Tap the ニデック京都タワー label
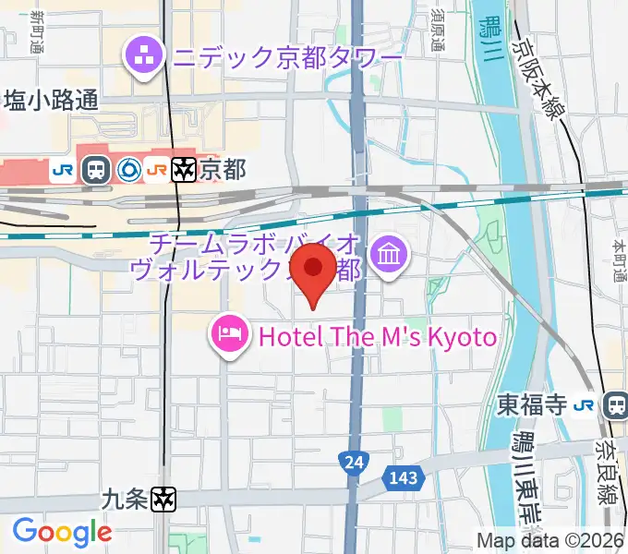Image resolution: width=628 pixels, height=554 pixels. [x=285, y=58]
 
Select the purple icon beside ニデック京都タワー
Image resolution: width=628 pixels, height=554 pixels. [x=144, y=58]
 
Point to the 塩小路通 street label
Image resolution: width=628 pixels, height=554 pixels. [x=51, y=101]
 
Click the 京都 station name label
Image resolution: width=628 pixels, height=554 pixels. [x=223, y=170]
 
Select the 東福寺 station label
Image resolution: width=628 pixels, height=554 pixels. [x=530, y=404]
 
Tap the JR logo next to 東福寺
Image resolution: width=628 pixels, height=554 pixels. [x=584, y=404]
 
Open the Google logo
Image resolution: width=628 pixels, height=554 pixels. [x=62, y=532]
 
